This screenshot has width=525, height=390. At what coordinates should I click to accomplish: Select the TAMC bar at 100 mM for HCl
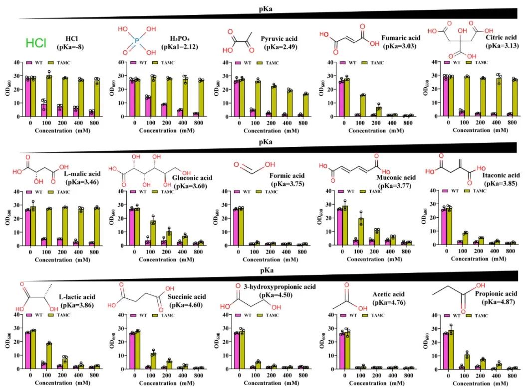click(x=49, y=96)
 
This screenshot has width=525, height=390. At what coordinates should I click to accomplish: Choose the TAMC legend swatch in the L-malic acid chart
click(x=54, y=191)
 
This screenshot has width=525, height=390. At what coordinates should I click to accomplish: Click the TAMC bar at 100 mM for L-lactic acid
click(x=49, y=356)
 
